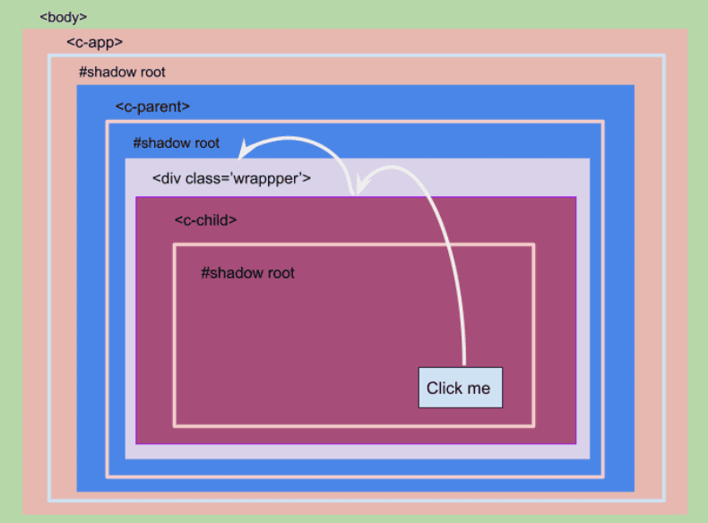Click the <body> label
pos(64,17)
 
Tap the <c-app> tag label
pos(94,42)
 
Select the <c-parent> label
pos(152,107)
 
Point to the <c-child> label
pos(205,219)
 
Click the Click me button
pos(461,388)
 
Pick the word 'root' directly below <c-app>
pos(151,73)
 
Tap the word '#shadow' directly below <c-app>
pos(105,73)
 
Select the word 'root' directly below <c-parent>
pos(204,143)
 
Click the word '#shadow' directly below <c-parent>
pos(160,143)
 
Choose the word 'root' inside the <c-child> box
pos(280,273)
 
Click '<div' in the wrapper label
pos(167,178)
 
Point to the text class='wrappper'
pos(248,179)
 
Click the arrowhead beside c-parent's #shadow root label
pos(245,150)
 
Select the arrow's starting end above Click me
pos(464,364)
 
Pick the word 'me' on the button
pos(479,389)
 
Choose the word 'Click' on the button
pos(445,388)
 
